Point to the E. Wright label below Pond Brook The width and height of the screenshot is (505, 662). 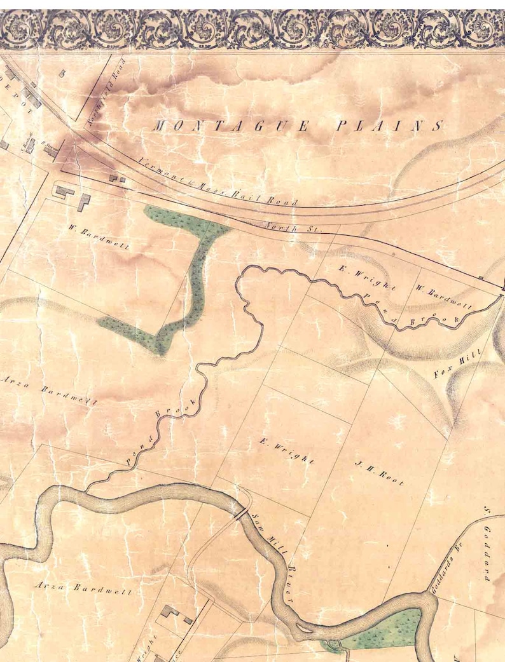[287, 450]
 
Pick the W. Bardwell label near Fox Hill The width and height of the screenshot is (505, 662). [443, 297]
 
